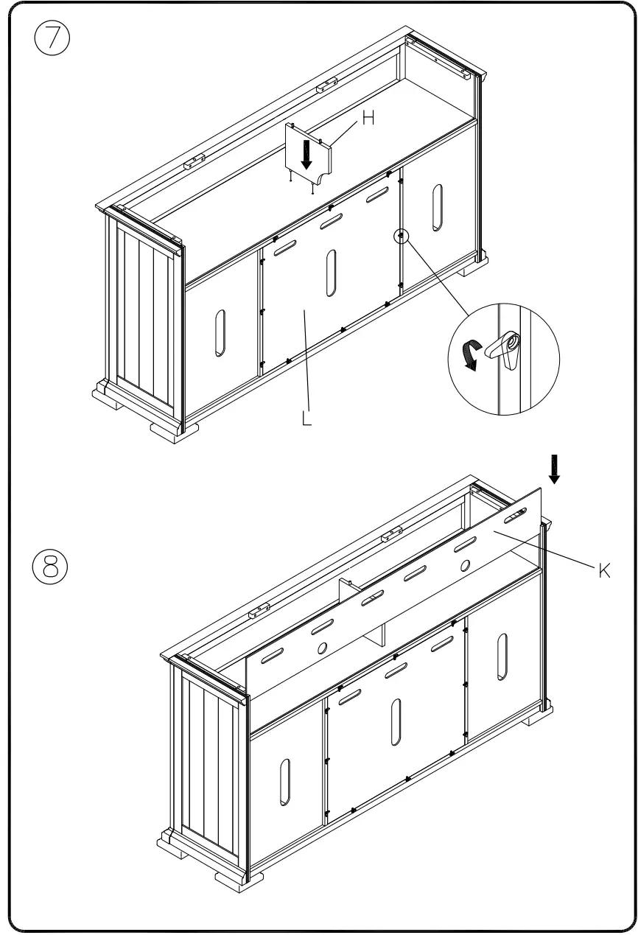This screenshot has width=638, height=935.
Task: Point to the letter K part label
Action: click(x=603, y=570)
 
